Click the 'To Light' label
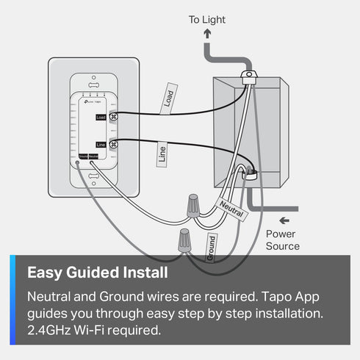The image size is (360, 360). click(206, 20)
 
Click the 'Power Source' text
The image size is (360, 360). click(282, 240)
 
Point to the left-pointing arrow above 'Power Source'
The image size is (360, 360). click(284, 220)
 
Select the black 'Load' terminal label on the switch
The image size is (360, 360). click(101, 117)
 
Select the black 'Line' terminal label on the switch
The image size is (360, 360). click(101, 145)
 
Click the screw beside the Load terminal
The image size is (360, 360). click(113, 116)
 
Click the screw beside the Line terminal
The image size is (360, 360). click(113, 145)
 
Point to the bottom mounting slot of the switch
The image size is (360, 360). click(94, 176)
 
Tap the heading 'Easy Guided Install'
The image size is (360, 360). click(97, 273)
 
